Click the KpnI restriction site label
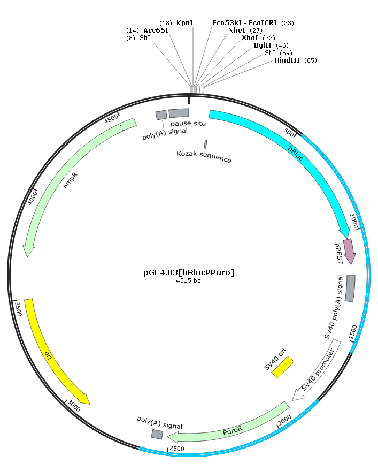coord(184,23)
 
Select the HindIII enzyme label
coord(287,60)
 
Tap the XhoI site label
coord(250,38)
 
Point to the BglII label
coord(263,45)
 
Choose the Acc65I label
coord(156,31)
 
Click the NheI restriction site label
coord(237,31)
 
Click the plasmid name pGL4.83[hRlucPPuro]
coord(189,272)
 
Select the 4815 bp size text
coord(188,280)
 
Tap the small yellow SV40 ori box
coord(283,367)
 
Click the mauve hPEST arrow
coord(349,252)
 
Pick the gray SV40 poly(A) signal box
coord(350,288)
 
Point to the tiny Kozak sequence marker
coord(205,144)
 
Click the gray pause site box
coord(179,113)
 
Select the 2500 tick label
coord(176,449)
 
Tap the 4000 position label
coord(33,198)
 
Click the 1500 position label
coord(353,332)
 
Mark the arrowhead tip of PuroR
coord(167,436)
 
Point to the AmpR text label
coord(71,180)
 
